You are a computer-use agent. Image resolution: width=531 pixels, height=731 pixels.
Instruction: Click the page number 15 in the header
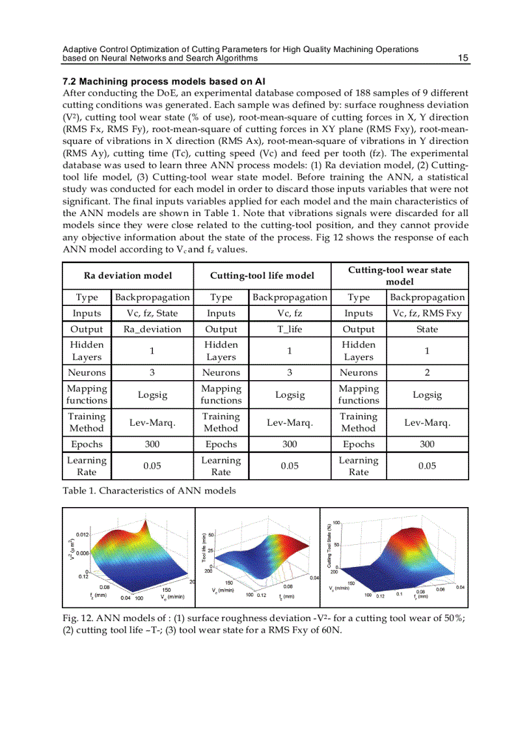coord(463,59)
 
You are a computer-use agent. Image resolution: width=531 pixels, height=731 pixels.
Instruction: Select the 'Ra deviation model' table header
coord(128,275)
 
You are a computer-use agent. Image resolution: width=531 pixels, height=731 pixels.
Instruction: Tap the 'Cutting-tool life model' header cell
coord(262,275)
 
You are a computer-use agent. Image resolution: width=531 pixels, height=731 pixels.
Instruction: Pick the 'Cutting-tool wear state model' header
coord(400,275)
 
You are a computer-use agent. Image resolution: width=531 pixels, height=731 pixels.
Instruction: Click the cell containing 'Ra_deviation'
coord(152,329)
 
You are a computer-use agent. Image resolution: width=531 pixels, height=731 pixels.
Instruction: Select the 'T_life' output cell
coord(290,329)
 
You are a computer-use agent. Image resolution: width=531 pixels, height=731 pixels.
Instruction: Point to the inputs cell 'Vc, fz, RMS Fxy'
coord(427,314)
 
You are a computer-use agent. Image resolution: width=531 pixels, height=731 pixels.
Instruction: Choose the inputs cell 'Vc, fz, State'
coord(152,314)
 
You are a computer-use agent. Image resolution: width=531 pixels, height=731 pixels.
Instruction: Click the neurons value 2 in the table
coord(427,373)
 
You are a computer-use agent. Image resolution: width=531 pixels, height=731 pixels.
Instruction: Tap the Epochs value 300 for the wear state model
coord(427,445)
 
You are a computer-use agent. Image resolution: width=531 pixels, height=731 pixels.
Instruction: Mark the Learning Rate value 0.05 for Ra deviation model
coord(152,466)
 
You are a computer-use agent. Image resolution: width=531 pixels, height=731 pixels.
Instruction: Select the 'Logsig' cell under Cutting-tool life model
coord(290,395)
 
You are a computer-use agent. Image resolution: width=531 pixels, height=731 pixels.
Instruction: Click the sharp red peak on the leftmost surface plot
coord(152,525)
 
